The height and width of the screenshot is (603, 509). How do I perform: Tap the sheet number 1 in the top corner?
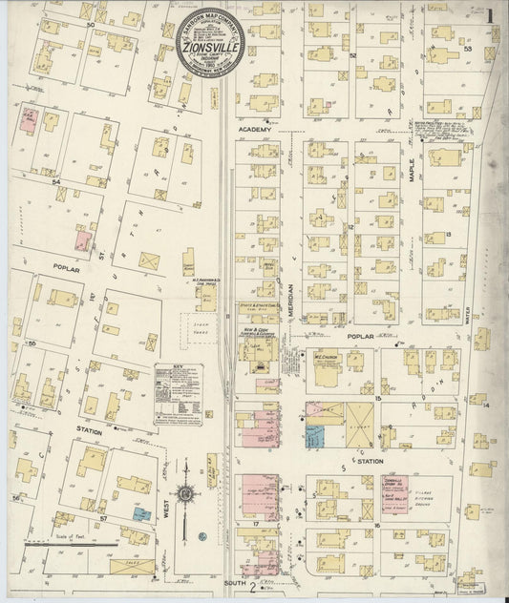(489, 16)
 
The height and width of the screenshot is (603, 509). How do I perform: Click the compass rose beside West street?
(183, 494)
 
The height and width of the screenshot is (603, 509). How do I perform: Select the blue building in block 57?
(141, 513)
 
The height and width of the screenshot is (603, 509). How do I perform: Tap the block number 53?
(468, 48)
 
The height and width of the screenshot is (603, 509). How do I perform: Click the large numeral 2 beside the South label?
(252, 586)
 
